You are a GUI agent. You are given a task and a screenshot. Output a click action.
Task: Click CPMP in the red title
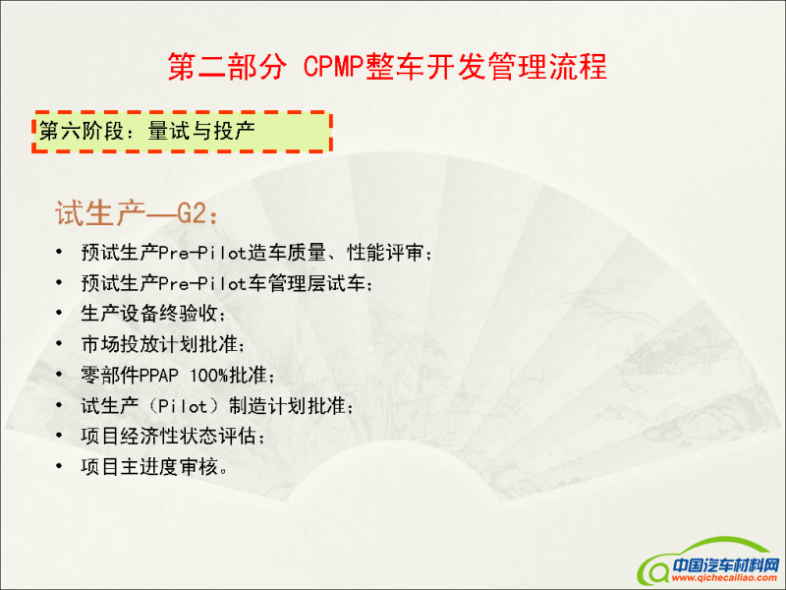(333, 66)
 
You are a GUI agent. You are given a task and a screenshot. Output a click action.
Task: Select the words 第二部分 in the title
(228, 66)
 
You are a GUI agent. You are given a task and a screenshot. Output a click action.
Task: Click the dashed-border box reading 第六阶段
(182, 132)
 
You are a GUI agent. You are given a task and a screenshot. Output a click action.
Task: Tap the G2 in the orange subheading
(192, 213)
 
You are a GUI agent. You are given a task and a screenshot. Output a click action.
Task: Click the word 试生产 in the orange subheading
(100, 213)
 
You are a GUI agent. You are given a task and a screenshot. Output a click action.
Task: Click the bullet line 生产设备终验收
(153, 314)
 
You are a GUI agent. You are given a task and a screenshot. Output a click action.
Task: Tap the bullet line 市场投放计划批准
(163, 344)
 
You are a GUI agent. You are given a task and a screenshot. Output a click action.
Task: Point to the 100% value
(209, 376)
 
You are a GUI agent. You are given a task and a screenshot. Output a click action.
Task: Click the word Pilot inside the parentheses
(183, 406)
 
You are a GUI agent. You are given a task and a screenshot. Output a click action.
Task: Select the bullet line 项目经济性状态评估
(173, 436)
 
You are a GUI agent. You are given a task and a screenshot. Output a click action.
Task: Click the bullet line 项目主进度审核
(154, 467)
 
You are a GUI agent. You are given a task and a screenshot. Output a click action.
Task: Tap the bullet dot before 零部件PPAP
(59, 375)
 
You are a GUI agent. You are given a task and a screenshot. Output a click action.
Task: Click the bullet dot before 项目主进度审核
(59, 466)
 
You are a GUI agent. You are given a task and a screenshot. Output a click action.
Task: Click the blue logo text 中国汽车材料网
(725, 565)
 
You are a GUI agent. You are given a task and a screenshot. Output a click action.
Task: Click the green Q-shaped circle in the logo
(653, 570)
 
